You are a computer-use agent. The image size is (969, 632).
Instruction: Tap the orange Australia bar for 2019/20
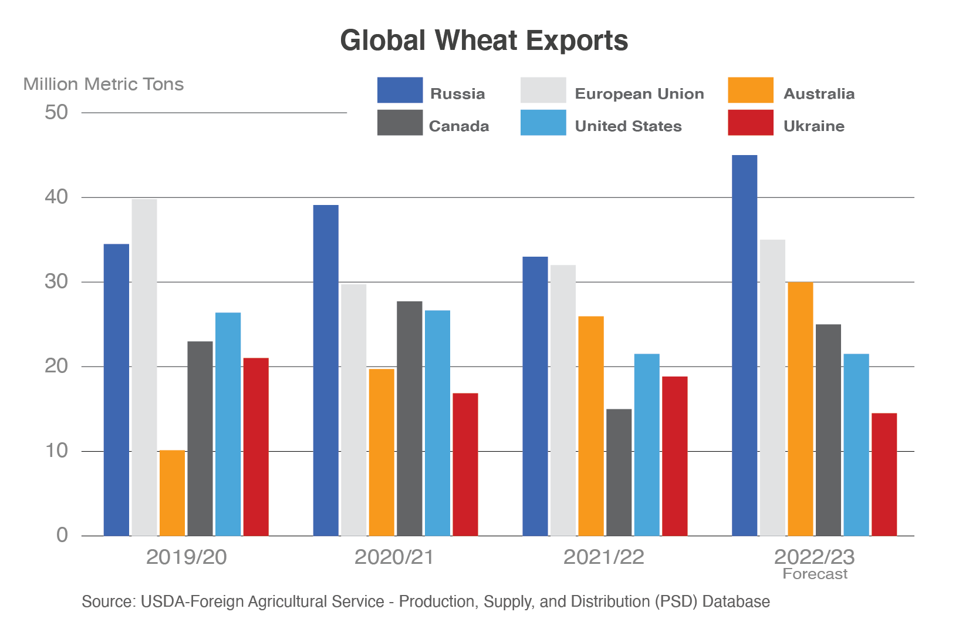[x=172, y=493]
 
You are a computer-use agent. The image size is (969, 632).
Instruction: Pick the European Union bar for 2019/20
[x=144, y=367]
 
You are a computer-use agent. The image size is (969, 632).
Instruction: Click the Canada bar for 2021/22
[x=619, y=472]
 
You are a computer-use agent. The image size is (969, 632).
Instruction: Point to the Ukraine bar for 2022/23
[x=884, y=475]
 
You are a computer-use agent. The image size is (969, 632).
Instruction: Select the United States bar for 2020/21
[x=437, y=423]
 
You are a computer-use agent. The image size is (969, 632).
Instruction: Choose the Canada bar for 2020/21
[x=409, y=418]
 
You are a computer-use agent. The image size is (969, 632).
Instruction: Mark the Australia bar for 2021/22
[x=590, y=426]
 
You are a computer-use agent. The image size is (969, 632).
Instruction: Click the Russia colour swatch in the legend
[x=400, y=90]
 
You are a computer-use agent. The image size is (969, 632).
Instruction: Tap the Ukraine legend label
[x=814, y=126]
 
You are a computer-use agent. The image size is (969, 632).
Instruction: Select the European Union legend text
[x=639, y=94]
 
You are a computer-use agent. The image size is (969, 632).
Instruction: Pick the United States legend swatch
[x=543, y=122]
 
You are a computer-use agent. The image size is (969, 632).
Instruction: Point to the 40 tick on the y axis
[x=56, y=197]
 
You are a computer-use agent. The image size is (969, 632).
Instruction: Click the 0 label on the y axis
[x=62, y=535]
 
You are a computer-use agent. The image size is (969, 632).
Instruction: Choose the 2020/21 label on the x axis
[x=394, y=557]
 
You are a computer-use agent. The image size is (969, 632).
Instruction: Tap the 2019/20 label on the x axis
[x=186, y=557]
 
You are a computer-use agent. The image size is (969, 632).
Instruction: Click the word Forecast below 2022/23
[x=815, y=574]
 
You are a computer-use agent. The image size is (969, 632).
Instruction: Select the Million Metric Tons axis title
[x=103, y=85]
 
